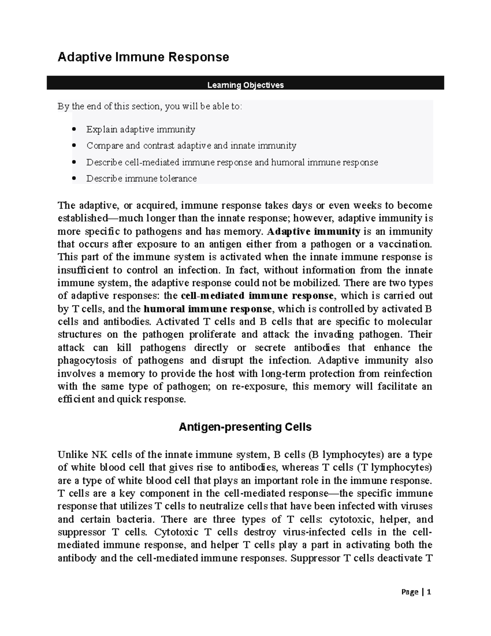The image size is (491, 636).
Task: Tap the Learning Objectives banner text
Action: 245,85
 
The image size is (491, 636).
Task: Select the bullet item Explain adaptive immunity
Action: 140,129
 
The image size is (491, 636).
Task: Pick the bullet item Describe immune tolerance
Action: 141,179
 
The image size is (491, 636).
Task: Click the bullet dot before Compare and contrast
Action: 74,146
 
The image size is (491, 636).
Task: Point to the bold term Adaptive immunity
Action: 313,231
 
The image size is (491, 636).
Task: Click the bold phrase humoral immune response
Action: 208,308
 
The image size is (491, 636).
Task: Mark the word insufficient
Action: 83,270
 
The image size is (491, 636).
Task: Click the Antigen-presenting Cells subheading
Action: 245,427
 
